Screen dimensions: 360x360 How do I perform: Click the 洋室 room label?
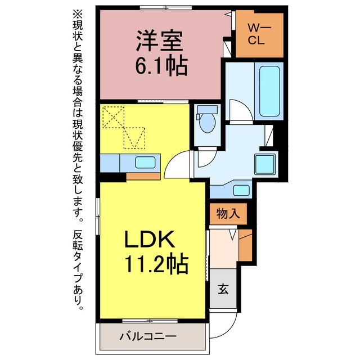pos(160,40)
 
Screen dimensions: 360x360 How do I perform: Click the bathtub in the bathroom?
pos(269,91)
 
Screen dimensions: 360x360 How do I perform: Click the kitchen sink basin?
pos(145,163)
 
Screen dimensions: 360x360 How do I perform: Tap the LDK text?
pos(149,239)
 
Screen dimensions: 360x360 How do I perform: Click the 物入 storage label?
pos(228,214)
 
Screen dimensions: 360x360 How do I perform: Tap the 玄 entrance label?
pos(223,289)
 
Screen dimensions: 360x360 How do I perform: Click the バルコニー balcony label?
pos(148,336)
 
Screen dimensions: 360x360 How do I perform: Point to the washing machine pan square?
pos(265,164)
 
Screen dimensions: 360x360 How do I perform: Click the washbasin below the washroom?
pos(241,190)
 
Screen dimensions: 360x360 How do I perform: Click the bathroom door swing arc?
pos(241,110)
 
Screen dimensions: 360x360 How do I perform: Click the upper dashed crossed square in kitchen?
pos(114,117)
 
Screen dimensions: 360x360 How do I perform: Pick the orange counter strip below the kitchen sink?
pos(143,177)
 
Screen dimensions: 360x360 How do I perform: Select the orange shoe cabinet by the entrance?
pos(245,245)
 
